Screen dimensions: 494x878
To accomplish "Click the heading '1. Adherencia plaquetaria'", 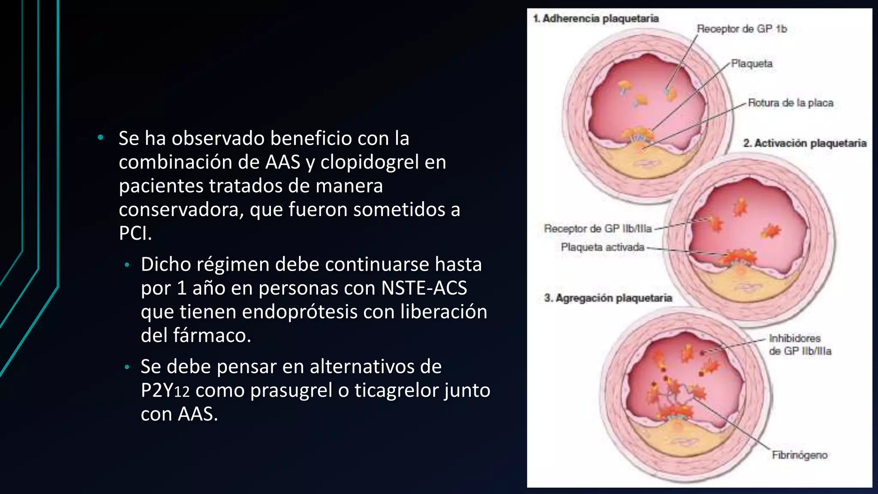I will click(596, 18).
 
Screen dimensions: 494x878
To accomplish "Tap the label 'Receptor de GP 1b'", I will click(742, 29).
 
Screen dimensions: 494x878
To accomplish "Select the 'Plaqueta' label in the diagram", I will click(752, 63).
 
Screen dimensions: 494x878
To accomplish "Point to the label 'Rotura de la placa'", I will click(790, 103).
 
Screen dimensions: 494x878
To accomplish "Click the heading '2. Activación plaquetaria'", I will click(805, 143).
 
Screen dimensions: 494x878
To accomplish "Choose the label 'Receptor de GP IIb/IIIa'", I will click(598, 229).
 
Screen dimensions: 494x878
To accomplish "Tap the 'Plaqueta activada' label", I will click(602, 247).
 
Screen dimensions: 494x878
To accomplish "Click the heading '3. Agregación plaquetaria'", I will click(608, 298).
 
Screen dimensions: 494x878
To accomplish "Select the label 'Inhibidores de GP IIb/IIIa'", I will click(800, 345).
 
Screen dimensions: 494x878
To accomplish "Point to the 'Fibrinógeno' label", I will click(800, 455).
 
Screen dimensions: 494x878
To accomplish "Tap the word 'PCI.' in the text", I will click(135, 233).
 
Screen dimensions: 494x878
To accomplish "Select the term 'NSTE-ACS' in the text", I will click(424, 288).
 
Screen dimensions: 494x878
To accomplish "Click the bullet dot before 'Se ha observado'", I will click(100, 138).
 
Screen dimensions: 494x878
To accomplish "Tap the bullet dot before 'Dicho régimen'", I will click(126, 265).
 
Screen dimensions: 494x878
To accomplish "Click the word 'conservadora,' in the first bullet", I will click(181, 210).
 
